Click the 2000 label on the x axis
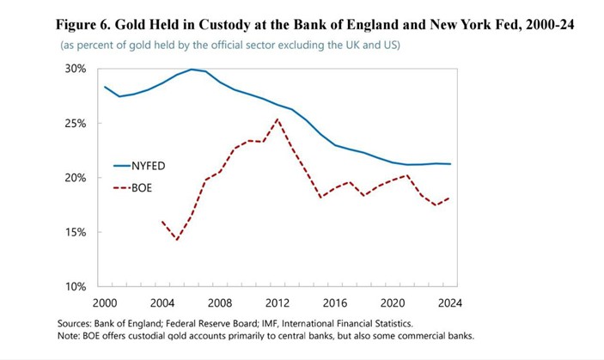point(104,302)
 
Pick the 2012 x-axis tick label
point(277,302)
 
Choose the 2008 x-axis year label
point(219,302)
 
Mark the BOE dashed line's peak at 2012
point(277,119)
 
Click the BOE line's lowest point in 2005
point(177,240)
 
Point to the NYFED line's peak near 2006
point(192,70)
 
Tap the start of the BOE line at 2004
point(162,221)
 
